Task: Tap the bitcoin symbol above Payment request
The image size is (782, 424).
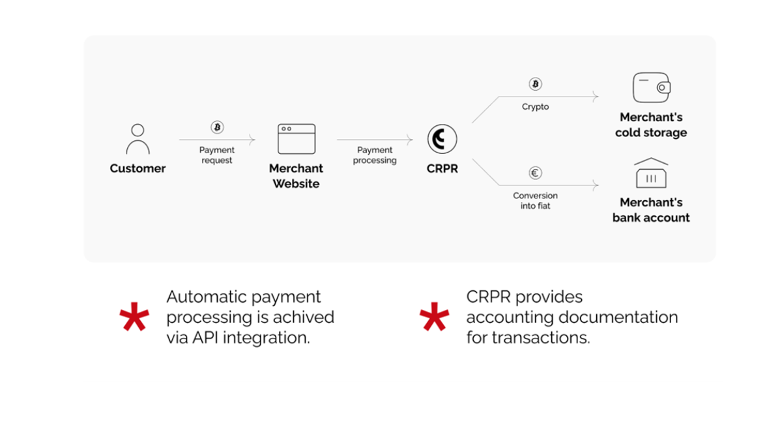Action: click(x=217, y=127)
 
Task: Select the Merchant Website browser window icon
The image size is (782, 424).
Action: click(x=297, y=139)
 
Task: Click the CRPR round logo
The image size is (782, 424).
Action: click(x=442, y=139)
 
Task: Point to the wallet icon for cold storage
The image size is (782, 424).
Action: click(x=652, y=87)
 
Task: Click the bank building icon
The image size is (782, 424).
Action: click(x=651, y=173)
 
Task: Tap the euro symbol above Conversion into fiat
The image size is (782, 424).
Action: click(x=535, y=173)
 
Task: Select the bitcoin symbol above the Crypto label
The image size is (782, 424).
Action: click(x=535, y=84)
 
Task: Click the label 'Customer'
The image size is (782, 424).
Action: click(x=138, y=168)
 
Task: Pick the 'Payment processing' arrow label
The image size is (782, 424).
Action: click(x=375, y=155)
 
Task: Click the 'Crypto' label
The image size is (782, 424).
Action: click(x=535, y=106)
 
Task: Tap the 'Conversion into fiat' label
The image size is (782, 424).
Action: click(x=535, y=201)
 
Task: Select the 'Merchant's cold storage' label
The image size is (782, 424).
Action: click(x=651, y=125)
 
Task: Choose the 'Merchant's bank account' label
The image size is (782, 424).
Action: click(x=651, y=210)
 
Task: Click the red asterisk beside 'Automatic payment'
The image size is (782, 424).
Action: click(x=134, y=316)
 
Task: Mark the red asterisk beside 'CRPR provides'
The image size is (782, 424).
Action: click(x=434, y=316)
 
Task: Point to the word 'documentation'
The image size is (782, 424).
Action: click(x=618, y=318)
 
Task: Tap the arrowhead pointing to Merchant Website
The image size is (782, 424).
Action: click(x=252, y=140)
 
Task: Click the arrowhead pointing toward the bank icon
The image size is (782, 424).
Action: click(x=595, y=185)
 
